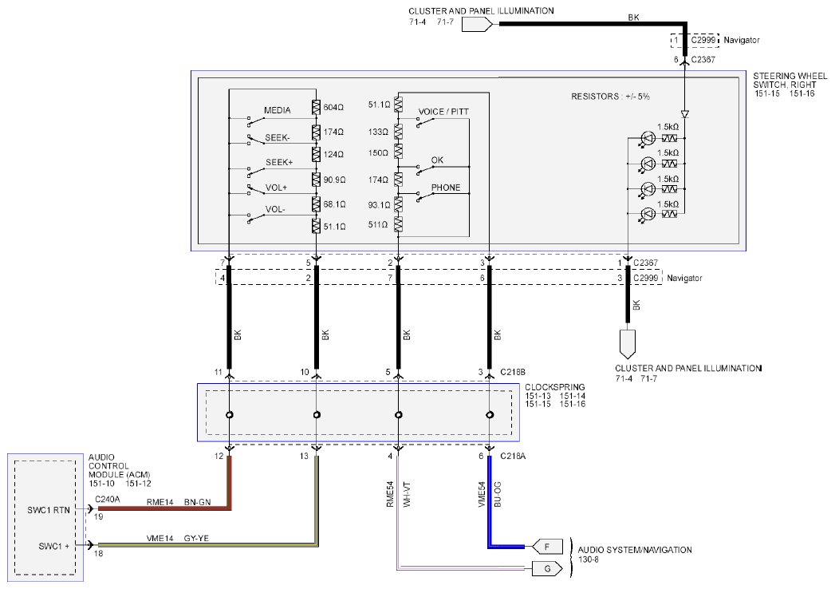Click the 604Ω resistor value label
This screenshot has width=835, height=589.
[333, 108]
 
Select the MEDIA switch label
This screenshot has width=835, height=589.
[278, 110]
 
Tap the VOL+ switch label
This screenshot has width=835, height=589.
[277, 188]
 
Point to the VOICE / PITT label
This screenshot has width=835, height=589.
[443, 112]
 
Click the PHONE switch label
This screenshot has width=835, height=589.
[446, 188]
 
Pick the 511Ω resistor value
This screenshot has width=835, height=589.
[377, 225]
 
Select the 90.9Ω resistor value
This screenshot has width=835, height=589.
[334, 180]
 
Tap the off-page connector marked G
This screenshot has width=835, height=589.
[547, 569]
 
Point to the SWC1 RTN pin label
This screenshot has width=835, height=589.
[49, 510]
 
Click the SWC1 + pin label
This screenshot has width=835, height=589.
[53, 547]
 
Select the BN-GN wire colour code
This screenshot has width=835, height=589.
[198, 502]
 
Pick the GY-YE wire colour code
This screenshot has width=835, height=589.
[196, 539]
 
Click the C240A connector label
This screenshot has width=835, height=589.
[108, 500]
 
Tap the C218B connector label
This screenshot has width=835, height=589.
[513, 372]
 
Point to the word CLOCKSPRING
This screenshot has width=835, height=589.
[555, 387]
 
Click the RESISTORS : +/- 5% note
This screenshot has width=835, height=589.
[610, 97]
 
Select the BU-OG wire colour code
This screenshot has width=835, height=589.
[498, 495]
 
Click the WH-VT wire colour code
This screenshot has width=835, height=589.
[407, 495]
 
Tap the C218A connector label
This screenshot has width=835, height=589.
[513, 457]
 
